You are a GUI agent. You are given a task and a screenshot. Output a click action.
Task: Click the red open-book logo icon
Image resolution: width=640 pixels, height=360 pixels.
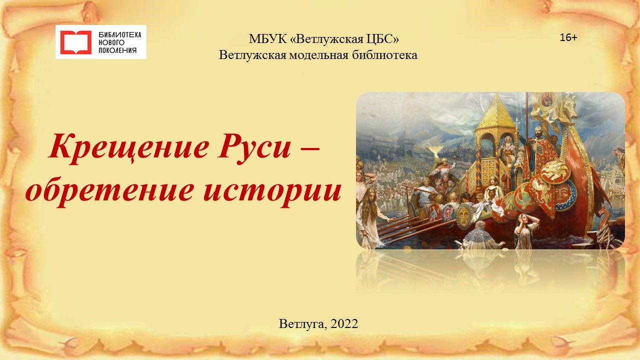75,42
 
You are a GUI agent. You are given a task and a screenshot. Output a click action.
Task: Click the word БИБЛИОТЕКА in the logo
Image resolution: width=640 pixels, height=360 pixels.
120,35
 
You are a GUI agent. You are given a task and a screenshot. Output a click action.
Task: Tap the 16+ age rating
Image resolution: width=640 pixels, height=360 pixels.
568,37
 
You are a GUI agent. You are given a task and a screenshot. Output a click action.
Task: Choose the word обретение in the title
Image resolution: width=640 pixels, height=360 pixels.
109,190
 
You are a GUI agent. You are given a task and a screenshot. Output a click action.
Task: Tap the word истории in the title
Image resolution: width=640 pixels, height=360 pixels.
272,191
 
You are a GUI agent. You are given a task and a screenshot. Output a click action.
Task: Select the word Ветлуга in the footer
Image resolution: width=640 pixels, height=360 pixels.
302,324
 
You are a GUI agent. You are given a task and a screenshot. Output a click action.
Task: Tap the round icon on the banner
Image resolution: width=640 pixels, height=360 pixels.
546,99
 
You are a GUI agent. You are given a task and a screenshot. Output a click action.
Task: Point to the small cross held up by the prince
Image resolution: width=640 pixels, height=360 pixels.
516,123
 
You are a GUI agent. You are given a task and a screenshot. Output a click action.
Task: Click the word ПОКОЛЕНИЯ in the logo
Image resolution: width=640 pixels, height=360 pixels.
117,50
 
